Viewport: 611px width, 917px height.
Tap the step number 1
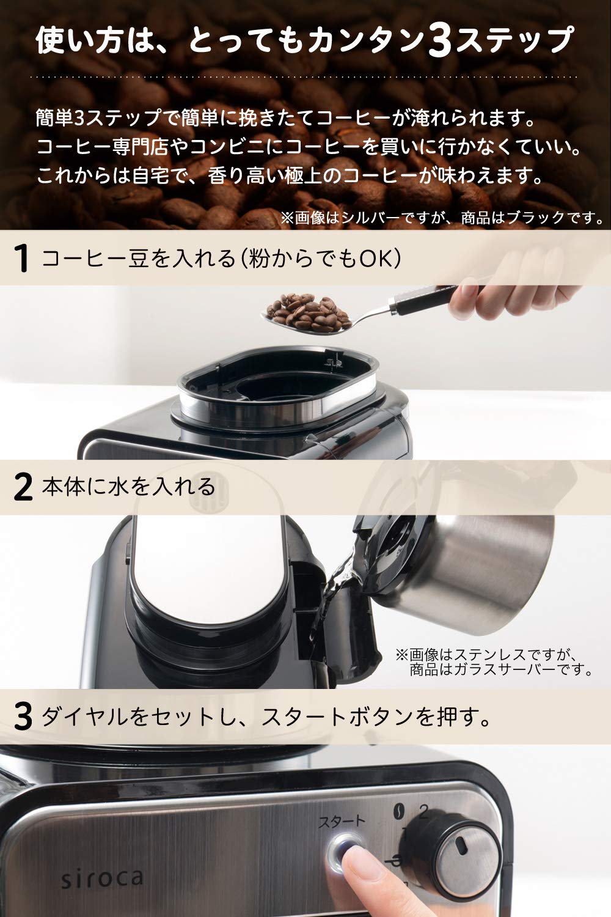click(x=23, y=259)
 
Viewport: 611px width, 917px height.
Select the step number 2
click(x=23, y=487)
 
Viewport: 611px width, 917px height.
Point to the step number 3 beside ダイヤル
click(x=23, y=717)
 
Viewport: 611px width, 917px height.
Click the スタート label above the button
click(x=340, y=821)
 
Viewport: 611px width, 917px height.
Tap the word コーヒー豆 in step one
click(x=95, y=259)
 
